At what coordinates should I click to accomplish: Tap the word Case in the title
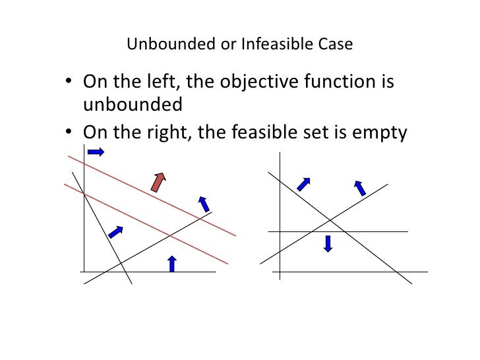point(336,45)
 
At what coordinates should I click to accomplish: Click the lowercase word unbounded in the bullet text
point(132,105)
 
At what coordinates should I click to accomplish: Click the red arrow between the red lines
point(158,182)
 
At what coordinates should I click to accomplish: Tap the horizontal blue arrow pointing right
point(96,152)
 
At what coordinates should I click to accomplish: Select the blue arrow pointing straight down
point(328,243)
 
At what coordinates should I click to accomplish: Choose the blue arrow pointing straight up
point(172,263)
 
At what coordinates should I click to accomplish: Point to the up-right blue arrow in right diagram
point(303,184)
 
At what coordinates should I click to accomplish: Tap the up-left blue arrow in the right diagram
point(360,188)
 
